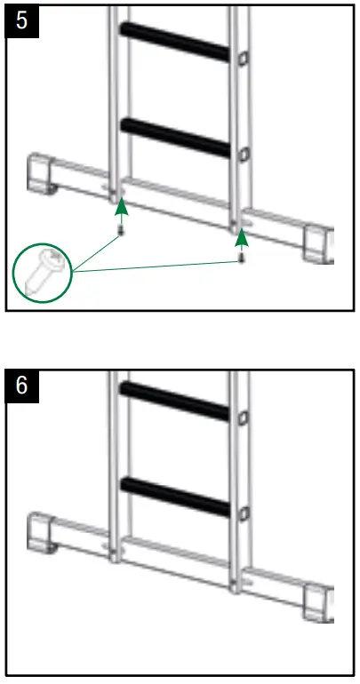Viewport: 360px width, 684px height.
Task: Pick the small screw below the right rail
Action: [x=241, y=258]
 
